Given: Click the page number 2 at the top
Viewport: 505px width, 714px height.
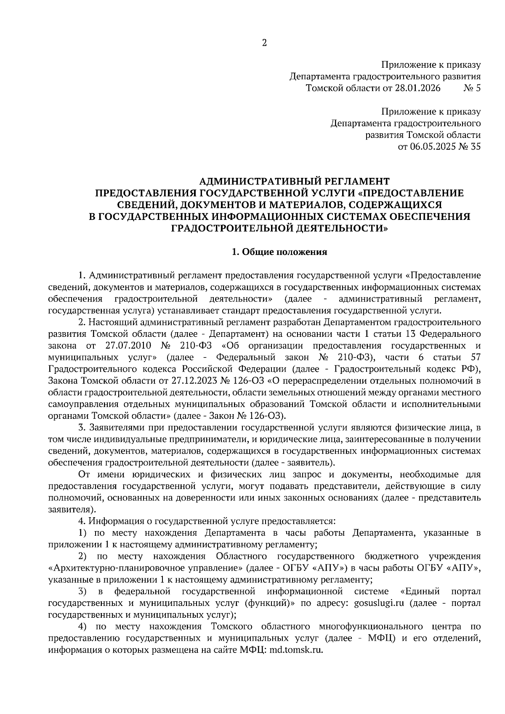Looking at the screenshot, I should pos(264,43).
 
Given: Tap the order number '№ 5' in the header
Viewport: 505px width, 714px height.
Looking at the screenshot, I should pos(472,88).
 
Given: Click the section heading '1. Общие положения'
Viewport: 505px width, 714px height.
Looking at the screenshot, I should pos(279,252).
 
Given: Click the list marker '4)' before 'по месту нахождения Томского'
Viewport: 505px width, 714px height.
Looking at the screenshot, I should pos(83,626).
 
